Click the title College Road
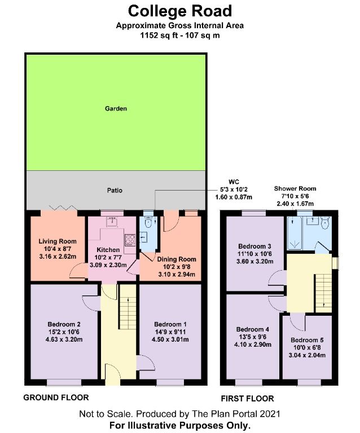click(179, 11)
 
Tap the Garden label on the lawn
click(115, 108)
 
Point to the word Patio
click(115, 191)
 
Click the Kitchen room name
click(108, 250)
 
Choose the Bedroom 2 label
click(64, 324)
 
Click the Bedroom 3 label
click(254, 246)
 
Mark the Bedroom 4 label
click(252, 329)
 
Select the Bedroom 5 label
click(308, 341)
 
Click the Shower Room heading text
click(295, 188)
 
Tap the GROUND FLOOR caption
click(56, 397)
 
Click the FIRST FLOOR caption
click(247, 398)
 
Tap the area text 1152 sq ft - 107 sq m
click(179, 34)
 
